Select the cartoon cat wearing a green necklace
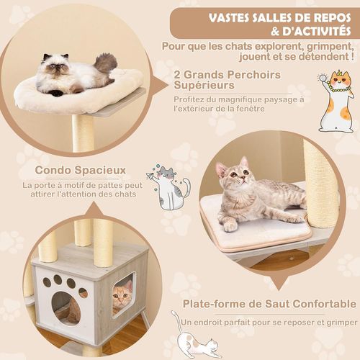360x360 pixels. tap(336, 101)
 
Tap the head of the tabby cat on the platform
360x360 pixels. tap(232, 176)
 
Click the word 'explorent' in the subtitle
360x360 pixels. tap(284, 47)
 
